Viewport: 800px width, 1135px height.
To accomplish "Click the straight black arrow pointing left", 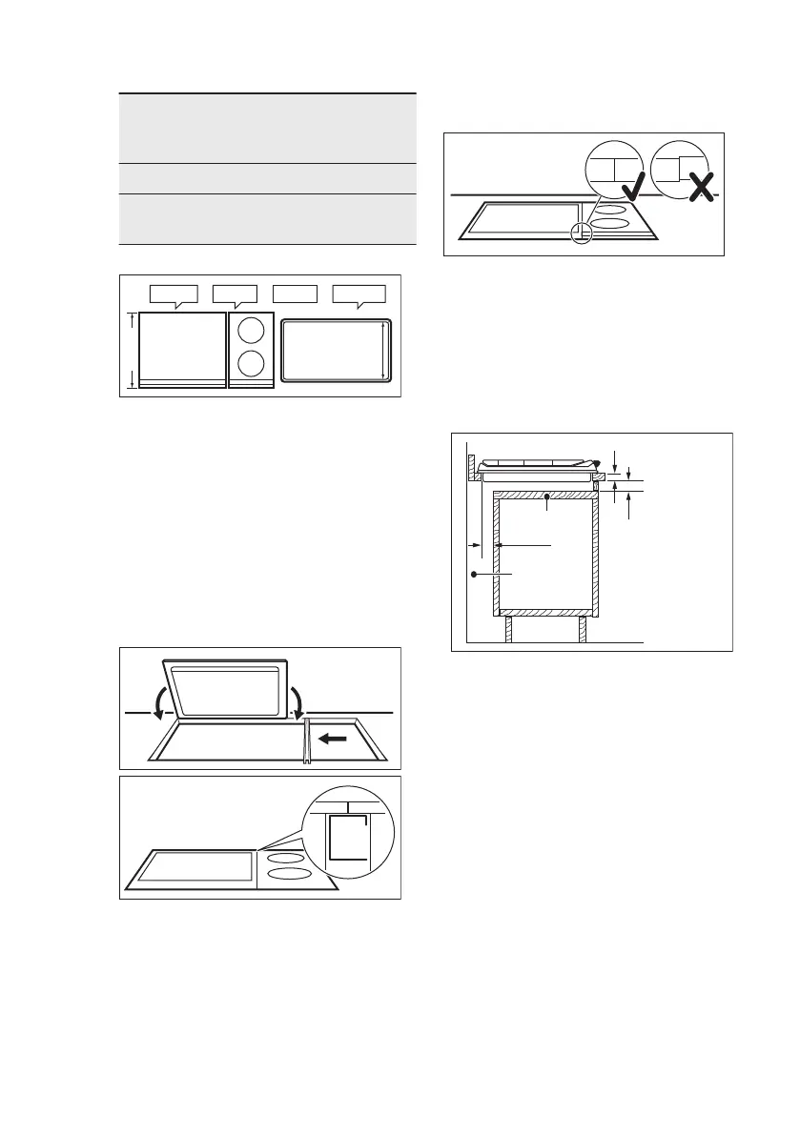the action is tap(333, 737).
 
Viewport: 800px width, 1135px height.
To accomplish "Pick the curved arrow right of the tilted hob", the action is tap(298, 702).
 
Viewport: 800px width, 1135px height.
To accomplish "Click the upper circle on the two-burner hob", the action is tap(251, 331).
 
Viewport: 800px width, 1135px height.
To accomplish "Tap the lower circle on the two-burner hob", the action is tap(251, 365).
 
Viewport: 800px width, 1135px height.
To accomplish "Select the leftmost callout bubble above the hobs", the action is tap(173, 294).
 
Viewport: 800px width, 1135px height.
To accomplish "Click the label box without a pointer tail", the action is tap(295, 293).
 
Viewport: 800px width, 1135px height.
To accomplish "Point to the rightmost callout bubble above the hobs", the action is tap(359, 294).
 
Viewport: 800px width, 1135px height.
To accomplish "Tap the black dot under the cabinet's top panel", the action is tap(546, 496).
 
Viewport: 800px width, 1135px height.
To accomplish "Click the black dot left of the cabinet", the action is tap(473, 575).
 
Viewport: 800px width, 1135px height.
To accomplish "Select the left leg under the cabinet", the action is tap(509, 630).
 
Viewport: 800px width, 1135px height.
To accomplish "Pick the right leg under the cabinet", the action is tap(581, 630).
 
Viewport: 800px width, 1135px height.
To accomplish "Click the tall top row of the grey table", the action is tap(268, 128).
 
